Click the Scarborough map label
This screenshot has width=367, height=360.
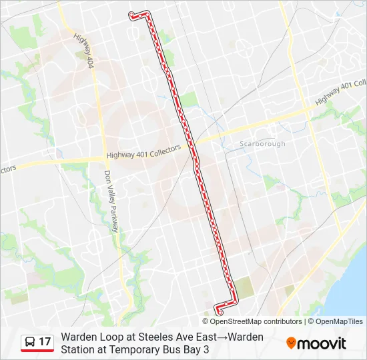(262, 144)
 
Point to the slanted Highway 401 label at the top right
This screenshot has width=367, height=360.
(342, 91)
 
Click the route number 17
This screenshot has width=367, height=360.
(45, 341)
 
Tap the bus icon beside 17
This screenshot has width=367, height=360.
(30, 342)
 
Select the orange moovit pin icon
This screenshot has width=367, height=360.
(291, 343)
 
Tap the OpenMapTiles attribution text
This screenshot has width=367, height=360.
(340, 321)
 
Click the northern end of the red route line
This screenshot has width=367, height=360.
(131, 14)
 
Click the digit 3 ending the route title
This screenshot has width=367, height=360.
(206, 349)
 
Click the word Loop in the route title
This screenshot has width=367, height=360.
(109, 337)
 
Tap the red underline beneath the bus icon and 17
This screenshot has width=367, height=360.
(37, 351)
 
